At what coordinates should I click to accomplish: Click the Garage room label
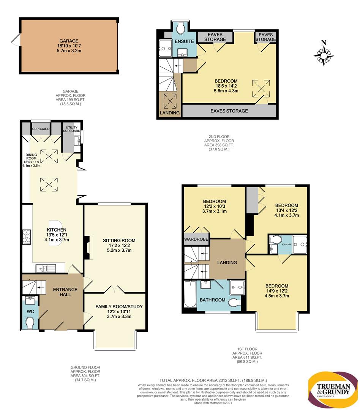pos(69,41)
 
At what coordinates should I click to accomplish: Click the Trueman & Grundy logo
pos(333,389)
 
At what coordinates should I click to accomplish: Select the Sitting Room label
pos(119,241)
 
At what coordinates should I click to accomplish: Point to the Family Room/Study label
pos(119,306)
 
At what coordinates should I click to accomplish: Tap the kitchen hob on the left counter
pos(27,237)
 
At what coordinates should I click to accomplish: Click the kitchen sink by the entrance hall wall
pos(46,268)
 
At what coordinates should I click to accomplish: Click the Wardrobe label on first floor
pos(196,239)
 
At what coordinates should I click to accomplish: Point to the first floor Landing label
pos(227,263)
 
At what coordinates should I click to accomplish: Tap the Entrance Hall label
pos(65,292)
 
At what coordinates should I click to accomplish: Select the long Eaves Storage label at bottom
pos(229,111)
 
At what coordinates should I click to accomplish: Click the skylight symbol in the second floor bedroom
pos(261,88)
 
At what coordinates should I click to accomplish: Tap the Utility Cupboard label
pos(71,129)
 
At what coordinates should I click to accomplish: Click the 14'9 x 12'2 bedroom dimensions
pos(277,291)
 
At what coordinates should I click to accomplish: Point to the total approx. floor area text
pos(213,380)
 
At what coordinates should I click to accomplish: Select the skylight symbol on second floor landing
pos(170,101)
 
